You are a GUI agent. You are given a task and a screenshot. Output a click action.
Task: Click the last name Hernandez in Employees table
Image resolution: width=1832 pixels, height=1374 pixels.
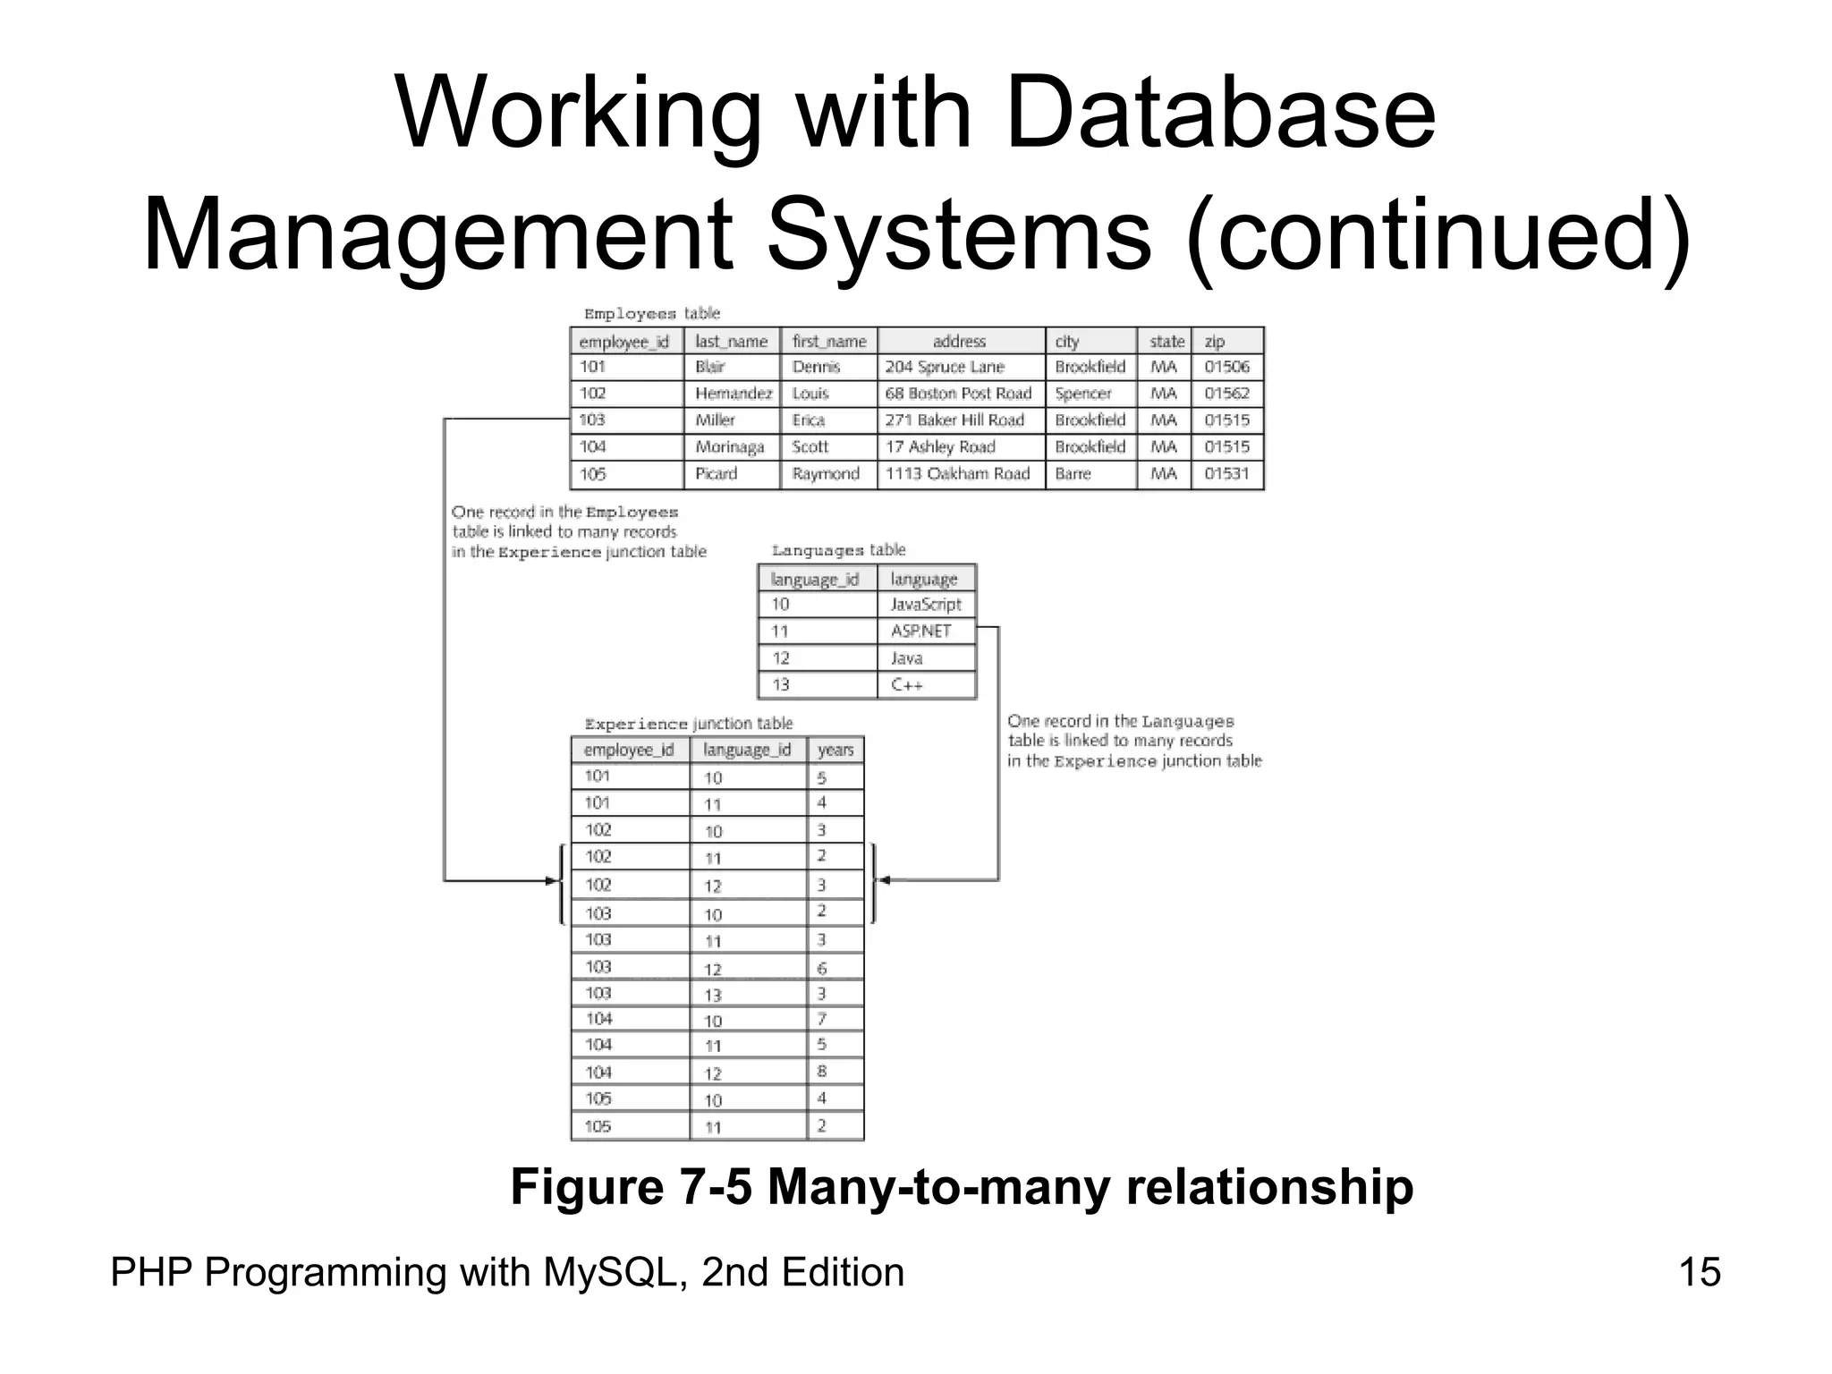[734, 394]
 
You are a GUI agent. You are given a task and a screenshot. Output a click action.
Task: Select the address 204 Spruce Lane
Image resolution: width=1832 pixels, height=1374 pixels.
[945, 367]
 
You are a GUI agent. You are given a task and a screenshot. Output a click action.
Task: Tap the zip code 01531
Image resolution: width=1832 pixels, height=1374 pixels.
[1226, 474]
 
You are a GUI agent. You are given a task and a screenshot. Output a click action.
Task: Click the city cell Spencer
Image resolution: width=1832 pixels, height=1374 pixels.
[1082, 394]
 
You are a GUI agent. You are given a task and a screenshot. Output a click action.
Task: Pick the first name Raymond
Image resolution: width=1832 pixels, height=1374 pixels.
[826, 474]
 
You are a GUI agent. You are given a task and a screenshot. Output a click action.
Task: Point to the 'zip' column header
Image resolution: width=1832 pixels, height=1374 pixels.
[1215, 342]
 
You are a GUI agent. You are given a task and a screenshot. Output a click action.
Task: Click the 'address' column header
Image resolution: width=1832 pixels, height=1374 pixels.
[959, 342]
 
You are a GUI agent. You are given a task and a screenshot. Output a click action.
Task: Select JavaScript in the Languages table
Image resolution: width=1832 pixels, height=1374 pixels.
[926, 605]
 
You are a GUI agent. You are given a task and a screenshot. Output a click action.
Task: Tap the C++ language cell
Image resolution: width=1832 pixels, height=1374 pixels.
[907, 685]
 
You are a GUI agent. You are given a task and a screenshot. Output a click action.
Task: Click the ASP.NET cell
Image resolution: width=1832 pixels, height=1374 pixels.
[921, 632]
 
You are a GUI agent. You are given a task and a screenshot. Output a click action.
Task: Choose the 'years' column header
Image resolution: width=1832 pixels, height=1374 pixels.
[835, 750]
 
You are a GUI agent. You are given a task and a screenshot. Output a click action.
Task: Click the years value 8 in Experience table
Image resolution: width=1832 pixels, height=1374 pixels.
[822, 1072]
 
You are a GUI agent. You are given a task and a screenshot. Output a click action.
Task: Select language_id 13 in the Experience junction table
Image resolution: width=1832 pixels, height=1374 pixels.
[713, 995]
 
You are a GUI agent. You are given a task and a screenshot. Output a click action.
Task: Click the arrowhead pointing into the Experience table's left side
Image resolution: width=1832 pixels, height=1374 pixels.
[552, 881]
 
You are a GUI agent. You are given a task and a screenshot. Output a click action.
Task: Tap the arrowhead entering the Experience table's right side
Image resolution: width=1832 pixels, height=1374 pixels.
[884, 880]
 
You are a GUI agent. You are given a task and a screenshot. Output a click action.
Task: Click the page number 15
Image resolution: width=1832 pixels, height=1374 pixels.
[1700, 1272]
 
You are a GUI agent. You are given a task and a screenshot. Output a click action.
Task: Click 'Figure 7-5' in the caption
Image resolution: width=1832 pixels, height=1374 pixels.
[631, 1187]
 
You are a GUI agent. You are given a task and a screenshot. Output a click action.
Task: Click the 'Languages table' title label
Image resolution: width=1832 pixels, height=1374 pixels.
[838, 550]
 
